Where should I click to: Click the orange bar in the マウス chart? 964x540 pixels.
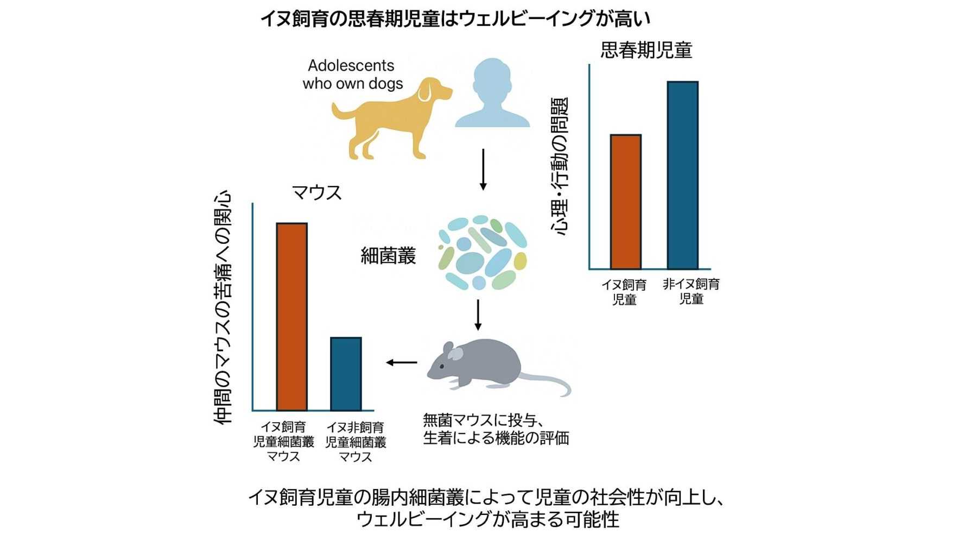[291, 317]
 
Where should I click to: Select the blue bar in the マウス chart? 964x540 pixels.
[346, 374]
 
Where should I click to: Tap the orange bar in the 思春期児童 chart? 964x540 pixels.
[625, 202]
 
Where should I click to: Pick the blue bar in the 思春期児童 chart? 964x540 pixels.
[682, 175]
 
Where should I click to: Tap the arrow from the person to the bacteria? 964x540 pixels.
[483, 169]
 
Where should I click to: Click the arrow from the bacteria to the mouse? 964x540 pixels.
[478, 315]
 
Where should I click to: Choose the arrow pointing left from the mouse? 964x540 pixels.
[402, 362]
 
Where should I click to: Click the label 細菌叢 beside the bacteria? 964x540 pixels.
[388, 255]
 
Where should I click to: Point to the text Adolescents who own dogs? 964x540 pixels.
[352, 74]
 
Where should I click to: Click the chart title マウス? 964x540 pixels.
[316, 192]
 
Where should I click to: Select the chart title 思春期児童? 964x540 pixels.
[646, 50]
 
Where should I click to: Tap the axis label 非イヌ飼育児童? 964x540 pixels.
[691, 291]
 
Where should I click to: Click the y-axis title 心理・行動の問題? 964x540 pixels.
[559, 166]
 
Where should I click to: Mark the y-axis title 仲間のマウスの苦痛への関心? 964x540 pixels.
[223, 307]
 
